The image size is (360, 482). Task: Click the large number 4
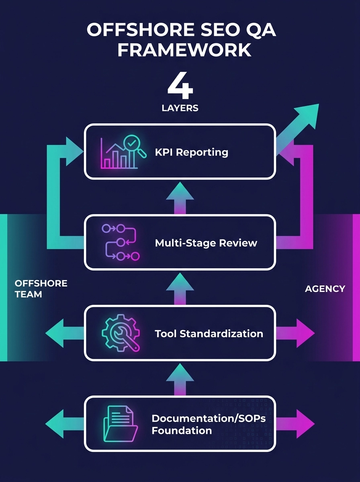coord(180,86)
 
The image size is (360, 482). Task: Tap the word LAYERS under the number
coord(180,108)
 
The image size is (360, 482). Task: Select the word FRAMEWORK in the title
coord(180,51)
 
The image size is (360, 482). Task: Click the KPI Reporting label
coord(191,152)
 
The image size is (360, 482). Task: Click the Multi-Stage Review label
coord(206,243)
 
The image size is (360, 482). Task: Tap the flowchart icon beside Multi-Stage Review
coord(120,242)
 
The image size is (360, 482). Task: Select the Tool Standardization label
coord(209,333)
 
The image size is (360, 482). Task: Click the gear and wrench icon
coord(120,333)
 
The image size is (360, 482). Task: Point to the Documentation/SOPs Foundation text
coord(209,424)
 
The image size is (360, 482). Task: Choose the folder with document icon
coord(120,423)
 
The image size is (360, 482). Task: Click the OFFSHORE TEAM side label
coord(41,289)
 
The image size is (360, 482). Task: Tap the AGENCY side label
coord(325,288)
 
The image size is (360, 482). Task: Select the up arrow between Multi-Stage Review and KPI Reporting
coord(180,197)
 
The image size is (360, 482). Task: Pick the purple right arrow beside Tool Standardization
coord(298,333)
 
